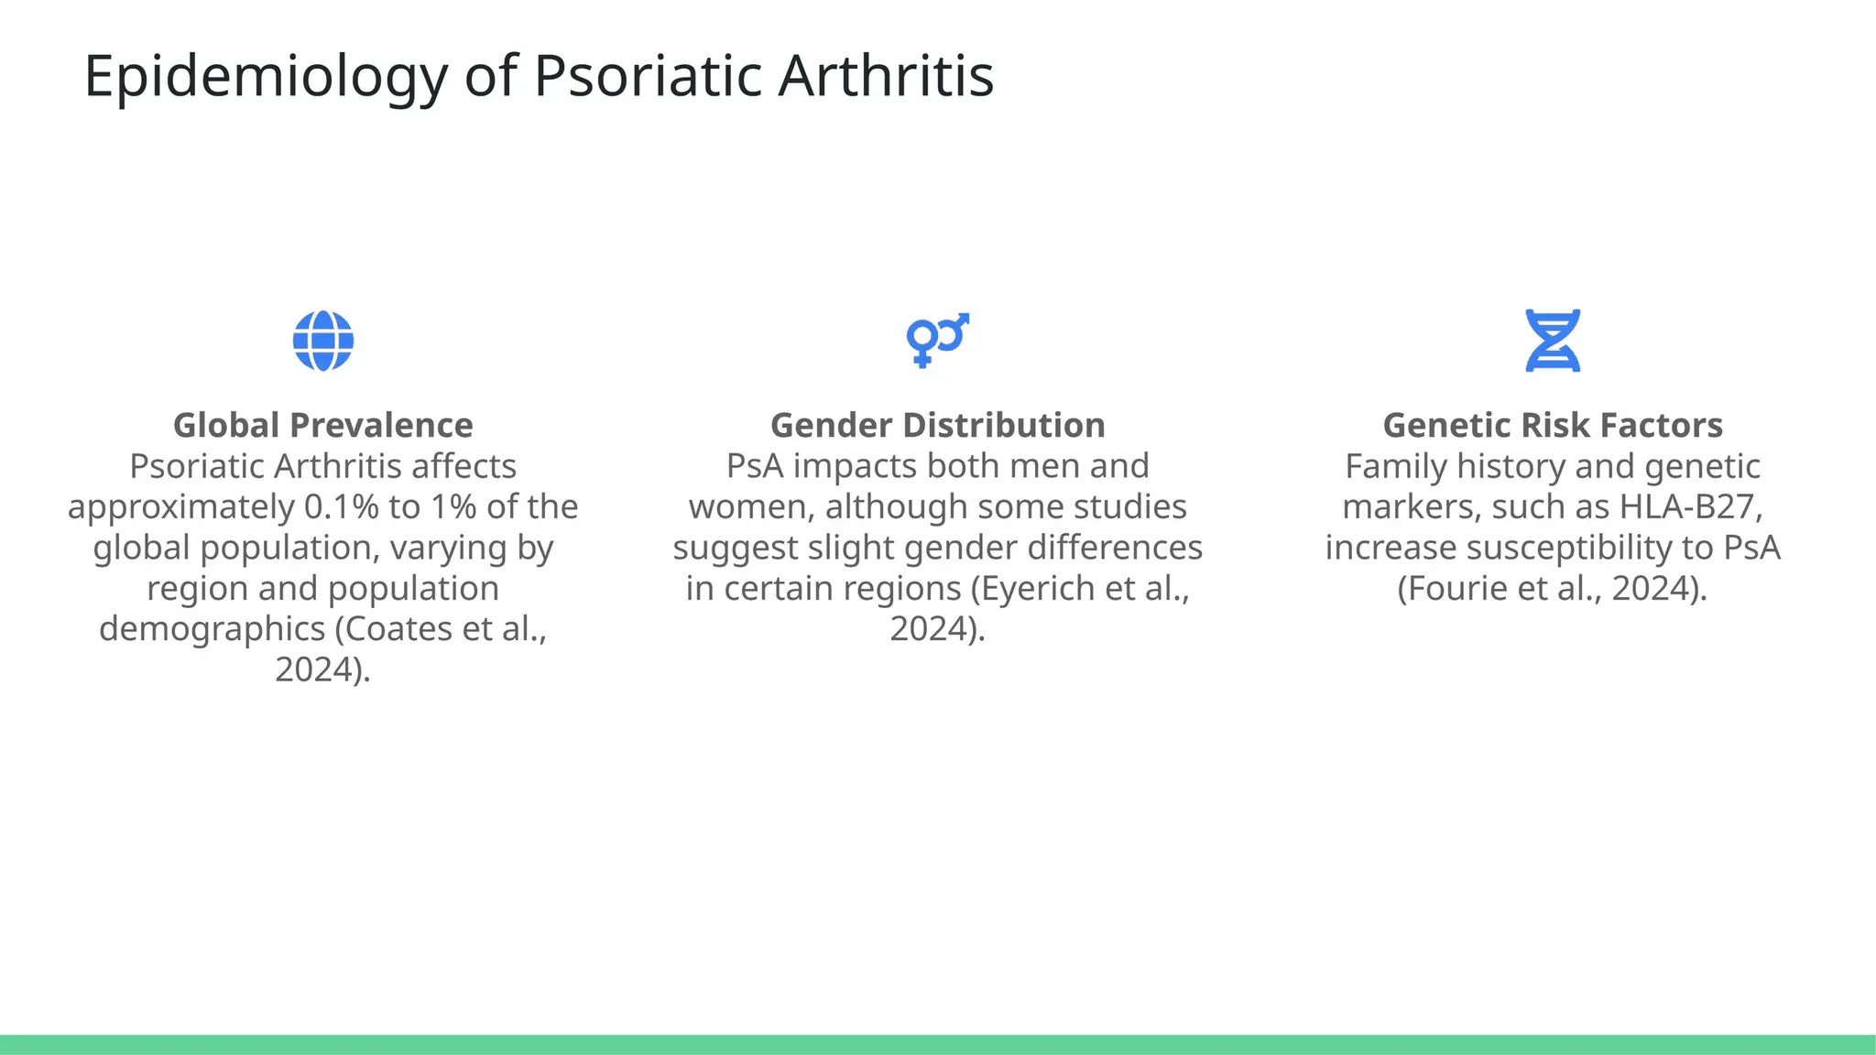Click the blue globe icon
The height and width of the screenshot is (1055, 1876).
[x=322, y=341]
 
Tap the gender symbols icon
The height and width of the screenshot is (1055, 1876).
[x=937, y=340]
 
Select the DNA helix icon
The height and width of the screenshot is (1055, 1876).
[x=1552, y=341]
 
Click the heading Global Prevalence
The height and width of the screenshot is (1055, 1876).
[x=322, y=426]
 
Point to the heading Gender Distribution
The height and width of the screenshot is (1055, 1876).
[x=937, y=426]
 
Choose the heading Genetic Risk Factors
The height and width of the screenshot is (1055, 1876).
[x=1552, y=426]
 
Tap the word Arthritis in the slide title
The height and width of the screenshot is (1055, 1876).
[x=886, y=76]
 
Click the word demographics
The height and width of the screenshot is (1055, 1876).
[x=212, y=629]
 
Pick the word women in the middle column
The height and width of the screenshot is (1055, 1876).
[x=749, y=507]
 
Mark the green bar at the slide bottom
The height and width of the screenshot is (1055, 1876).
[x=938, y=1044]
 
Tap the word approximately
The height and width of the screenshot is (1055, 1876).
[x=180, y=507]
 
